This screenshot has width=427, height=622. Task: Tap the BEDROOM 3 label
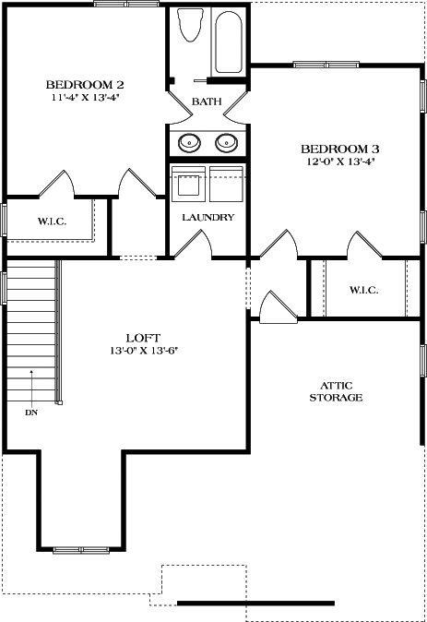pos(340,148)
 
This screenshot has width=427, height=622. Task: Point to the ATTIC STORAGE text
pos(341,391)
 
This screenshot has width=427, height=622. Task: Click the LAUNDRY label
pos(208,218)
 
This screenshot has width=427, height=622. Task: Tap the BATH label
pos(207,102)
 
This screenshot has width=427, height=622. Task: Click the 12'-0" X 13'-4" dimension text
pos(340,161)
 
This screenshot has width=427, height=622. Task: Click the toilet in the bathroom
pos(191,27)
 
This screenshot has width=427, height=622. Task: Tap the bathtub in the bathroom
pos(230,42)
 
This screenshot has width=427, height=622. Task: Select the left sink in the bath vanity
pos(190,143)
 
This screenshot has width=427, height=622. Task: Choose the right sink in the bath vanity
pos(225,143)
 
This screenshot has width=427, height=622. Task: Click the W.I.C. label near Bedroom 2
pos(50,221)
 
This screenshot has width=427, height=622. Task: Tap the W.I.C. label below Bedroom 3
pos(363,290)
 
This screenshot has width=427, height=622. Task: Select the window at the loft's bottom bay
pos(81,550)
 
